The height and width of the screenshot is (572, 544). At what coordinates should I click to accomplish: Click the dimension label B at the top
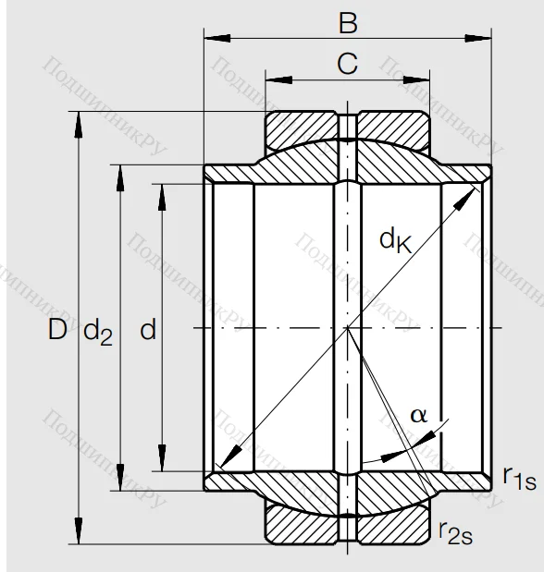(348, 19)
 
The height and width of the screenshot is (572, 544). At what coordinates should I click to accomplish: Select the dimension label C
(347, 64)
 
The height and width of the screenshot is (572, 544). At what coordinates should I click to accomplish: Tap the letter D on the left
(58, 330)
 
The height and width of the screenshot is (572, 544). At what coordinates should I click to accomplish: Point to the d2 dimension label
(99, 332)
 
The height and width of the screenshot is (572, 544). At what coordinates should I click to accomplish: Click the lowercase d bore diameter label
(148, 330)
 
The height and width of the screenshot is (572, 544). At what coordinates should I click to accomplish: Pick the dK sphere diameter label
(395, 240)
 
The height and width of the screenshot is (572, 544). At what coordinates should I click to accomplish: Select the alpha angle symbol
(418, 415)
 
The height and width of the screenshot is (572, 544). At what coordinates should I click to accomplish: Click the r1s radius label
(518, 477)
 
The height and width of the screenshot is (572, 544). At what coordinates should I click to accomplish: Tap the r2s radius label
(456, 530)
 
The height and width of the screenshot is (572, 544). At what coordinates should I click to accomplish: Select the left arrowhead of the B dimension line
(210, 38)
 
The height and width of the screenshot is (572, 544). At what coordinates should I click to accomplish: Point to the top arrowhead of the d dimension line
(162, 189)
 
